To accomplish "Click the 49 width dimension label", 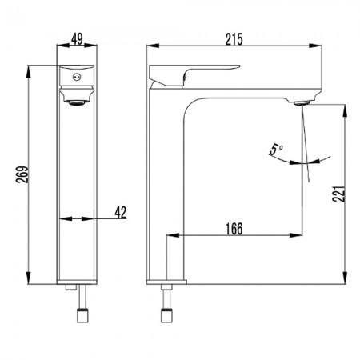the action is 77,39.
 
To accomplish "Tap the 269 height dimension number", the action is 22,174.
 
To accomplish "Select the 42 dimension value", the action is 121,212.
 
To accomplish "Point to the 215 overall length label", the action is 234,39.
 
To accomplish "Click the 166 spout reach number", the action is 234,229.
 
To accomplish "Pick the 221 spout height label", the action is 338,194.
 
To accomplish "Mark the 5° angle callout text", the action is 276,150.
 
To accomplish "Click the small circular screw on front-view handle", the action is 77,78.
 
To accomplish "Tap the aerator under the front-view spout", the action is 77,103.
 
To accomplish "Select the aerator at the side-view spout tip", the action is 302,102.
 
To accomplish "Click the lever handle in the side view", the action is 194,76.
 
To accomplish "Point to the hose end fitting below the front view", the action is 82,315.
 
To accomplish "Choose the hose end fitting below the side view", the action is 166,315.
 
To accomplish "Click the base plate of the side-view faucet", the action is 166,282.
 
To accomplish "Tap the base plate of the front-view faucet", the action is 77,282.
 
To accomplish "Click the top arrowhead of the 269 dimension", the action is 28,71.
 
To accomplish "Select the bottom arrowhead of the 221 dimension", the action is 345,278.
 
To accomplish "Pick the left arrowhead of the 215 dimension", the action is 153,46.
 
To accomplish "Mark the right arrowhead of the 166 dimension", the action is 296,235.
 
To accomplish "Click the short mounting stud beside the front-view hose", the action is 71,287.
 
